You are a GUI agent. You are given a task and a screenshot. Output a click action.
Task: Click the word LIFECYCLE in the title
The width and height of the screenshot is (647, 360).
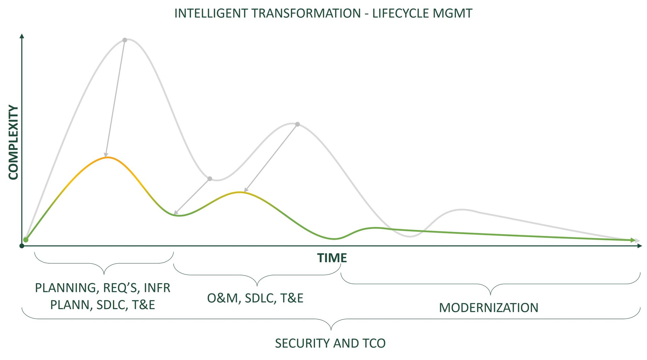[x=401, y=13]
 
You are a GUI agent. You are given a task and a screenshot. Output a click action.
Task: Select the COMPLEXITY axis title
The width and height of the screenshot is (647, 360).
[x=13, y=142]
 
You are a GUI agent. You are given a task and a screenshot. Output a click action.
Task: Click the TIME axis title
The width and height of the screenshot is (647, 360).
[x=332, y=258]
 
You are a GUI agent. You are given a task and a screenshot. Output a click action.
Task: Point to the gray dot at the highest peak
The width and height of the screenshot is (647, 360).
[x=125, y=40]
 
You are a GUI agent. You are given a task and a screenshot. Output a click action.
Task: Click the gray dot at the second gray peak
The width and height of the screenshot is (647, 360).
[x=298, y=124]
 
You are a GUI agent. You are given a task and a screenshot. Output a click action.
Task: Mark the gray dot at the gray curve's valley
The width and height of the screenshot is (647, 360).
[x=210, y=179]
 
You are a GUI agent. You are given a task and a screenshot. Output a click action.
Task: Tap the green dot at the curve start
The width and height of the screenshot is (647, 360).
[x=26, y=240]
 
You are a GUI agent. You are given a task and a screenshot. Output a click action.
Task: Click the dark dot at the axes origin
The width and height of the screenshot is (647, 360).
[x=22, y=246]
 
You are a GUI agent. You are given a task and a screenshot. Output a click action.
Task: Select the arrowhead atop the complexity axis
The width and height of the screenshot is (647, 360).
[x=22, y=36]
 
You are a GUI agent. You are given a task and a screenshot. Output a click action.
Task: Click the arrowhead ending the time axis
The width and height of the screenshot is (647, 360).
[x=640, y=246]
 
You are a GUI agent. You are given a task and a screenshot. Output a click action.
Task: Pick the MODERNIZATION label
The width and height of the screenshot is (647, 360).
[x=489, y=308]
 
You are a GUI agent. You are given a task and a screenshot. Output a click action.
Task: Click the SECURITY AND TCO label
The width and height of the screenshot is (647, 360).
[x=330, y=343]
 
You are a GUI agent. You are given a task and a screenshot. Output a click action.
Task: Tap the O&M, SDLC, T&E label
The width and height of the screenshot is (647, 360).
[x=255, y=298]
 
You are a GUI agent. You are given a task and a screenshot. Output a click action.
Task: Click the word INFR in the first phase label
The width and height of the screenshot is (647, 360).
[x=157, y=288]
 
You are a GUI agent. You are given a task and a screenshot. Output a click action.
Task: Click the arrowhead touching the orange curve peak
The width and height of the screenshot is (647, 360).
[x=106, y=155]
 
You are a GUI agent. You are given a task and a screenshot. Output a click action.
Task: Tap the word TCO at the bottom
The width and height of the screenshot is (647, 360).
[x=374, y=343]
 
